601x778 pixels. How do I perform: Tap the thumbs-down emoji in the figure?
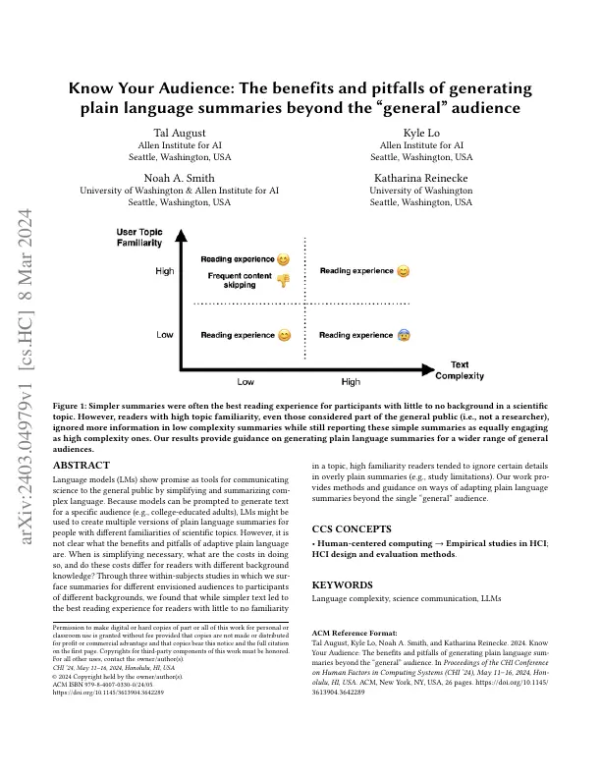click(x=283, y=281)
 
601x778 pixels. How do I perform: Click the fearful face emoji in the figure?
click(x=404, y=335)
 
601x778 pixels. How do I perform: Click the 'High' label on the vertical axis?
click(x=164, y=271)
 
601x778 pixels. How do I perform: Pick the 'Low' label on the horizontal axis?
click(x=246, y=381)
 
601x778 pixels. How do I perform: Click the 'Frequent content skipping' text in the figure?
click(x=239, y=281)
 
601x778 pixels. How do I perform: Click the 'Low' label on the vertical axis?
click(x=165, y=335)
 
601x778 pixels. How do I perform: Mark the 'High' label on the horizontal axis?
click(x=351, y=381)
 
